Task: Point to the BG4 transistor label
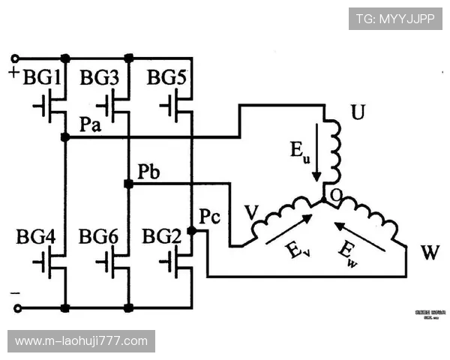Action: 36,238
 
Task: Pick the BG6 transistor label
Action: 99,238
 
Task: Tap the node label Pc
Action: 210,217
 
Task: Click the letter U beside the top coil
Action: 358,114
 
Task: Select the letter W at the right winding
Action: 429,253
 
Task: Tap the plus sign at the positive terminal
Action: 14,73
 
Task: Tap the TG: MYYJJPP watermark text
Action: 395,19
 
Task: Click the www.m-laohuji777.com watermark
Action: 81,341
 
